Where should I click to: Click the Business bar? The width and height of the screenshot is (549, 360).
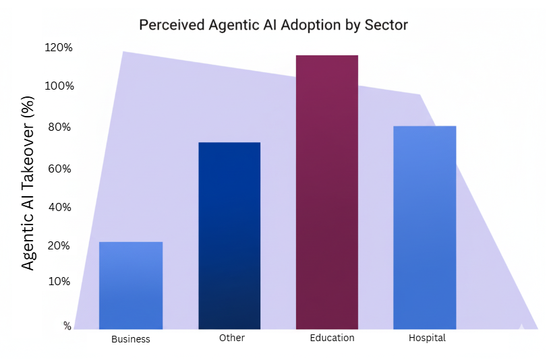131,285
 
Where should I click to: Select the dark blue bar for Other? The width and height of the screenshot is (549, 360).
229,235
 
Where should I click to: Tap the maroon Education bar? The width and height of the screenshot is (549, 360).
327,192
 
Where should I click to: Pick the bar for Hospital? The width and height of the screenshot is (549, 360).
425,227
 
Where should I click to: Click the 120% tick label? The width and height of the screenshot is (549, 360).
59,48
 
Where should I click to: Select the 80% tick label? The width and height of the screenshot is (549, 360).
61,127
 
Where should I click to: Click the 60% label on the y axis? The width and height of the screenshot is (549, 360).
61,169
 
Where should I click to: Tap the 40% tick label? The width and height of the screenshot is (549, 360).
61,207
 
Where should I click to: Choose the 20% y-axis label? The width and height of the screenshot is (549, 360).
61,246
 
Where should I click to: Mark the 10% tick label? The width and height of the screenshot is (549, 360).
60,281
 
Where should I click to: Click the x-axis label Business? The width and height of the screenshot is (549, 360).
131,339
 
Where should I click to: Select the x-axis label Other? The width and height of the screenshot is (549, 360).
232,338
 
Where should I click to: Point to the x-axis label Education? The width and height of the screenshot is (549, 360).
332,338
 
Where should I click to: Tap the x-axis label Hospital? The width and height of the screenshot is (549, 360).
427,338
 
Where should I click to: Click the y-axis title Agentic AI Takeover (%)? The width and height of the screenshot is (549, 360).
28,181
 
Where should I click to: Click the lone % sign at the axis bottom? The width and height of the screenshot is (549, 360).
67,326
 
